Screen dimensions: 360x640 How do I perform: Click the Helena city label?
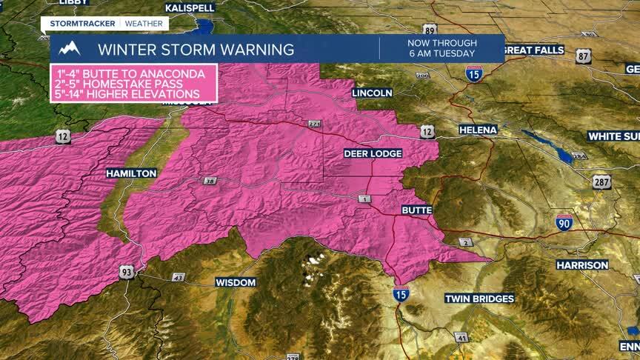(478, 130)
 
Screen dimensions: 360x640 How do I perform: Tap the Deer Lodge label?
(373, 153)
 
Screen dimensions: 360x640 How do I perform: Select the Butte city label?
(416, 210)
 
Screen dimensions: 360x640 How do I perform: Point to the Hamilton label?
(131, 173)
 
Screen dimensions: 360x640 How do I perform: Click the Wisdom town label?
(236, 282)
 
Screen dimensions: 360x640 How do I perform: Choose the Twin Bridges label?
(479, 299)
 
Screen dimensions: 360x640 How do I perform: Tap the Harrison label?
(582, 264)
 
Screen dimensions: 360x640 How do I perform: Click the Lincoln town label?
(372, 93)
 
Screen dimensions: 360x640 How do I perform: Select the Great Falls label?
(533, 50)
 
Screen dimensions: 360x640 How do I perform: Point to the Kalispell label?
(190, 7)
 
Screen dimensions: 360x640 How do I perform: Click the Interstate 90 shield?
(564, 221)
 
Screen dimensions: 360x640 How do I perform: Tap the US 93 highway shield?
(125, 273)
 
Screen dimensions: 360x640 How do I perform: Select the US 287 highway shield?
(601, 181)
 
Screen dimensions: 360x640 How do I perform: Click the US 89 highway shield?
(430, 30)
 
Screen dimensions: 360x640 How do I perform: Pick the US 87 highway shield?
(584, 56)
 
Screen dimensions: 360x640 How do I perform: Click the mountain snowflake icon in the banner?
(70, 50)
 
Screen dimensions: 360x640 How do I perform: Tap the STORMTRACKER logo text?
(82, 23)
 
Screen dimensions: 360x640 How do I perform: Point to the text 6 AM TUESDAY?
(441, 54)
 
